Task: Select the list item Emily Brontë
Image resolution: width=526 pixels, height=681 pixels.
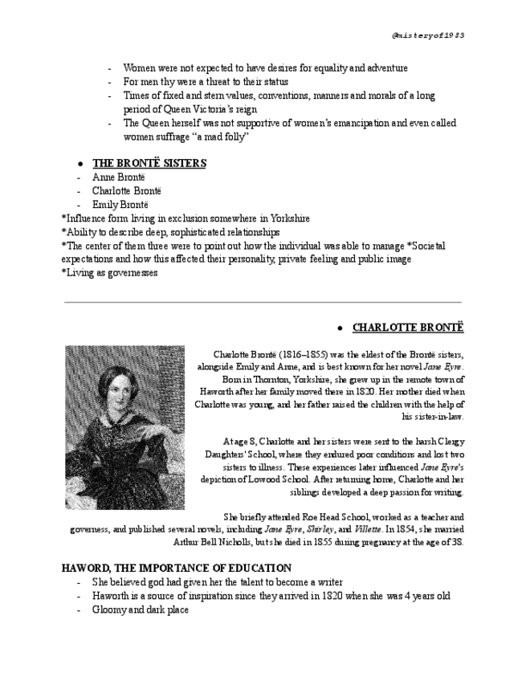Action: [120, 205]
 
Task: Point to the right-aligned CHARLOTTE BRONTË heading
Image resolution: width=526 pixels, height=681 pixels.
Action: [408, 328]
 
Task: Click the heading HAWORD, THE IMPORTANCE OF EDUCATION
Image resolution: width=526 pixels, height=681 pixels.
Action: [177, 569]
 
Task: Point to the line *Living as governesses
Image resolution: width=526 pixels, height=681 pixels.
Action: [109, 273]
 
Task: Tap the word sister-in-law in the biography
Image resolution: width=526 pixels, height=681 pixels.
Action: [432, 417]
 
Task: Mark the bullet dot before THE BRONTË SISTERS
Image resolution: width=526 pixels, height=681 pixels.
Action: [81, 164]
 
